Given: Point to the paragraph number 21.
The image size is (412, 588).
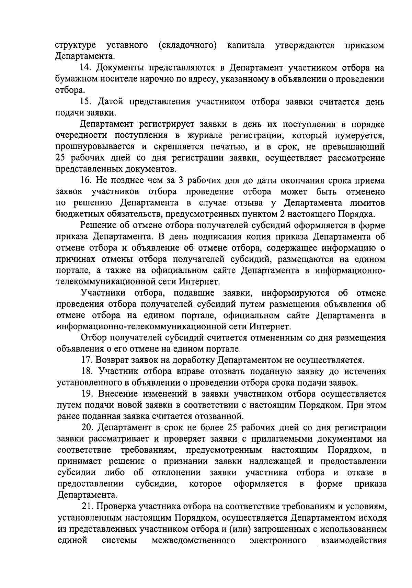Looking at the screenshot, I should coord(87,506).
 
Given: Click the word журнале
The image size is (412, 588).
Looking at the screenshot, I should coord(209,135).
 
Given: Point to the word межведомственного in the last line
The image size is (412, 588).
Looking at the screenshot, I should coord(193,540).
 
